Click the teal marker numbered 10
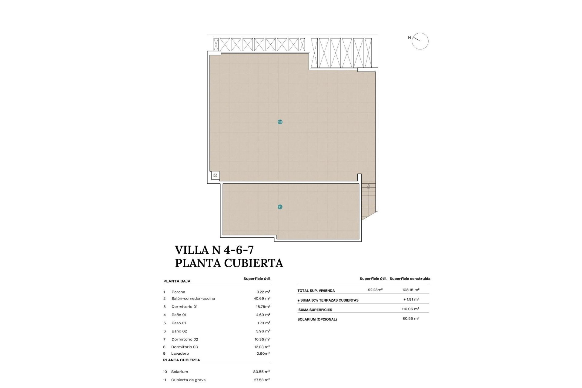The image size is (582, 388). point(280,122)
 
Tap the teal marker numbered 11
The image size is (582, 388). point(280,207)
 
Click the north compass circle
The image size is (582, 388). point(420,41)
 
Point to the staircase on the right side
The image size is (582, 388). point(368,200)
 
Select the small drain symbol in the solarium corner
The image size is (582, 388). point(216,176)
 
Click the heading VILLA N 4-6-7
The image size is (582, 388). point(214,250)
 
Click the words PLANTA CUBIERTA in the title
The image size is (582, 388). point(229,263)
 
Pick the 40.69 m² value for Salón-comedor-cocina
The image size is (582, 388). point(262,299)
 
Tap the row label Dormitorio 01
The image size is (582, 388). point(184,307)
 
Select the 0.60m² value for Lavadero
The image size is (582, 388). point(263,353)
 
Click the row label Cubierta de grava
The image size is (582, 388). point(188,380)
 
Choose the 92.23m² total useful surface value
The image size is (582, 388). point(375,290)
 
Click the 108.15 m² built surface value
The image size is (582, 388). point(410,290)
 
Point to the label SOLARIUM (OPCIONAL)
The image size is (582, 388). point(317,319)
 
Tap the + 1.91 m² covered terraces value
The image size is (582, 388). point(411,299)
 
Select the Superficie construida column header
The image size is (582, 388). point(410,279)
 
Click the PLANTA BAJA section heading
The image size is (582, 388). point(177,281)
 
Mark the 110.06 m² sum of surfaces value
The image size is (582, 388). point(410,309)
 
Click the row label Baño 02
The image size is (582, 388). point(179,331)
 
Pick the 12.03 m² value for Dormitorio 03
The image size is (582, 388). point(263,347)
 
